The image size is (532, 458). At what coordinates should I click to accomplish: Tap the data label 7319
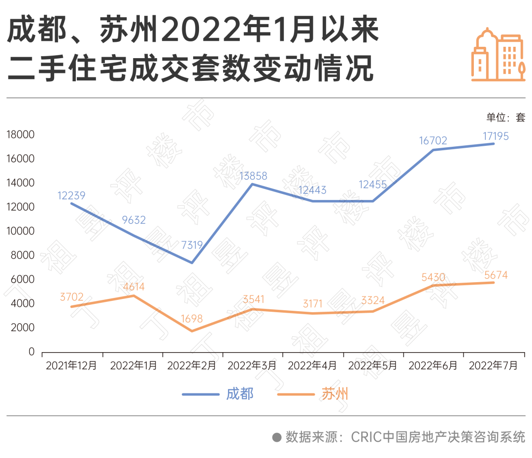pyautogui.click(x=193, y=245)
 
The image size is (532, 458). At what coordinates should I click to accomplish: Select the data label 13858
pyautogui.click(x=253, y=176)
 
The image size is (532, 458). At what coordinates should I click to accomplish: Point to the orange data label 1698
pyautogui.click(x=193, y=319)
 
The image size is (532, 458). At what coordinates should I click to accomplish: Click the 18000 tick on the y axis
pyautogui.click(x=21, y=135)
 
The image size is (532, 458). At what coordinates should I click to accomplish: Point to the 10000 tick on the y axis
pyautogui.click(x=21, y=231)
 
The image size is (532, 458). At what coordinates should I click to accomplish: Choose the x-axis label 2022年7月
pyautogui.click(x=494, y=366)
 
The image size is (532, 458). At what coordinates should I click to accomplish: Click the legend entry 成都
pyautogui.click(x=240, y=394)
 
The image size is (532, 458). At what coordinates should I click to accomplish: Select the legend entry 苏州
pyautogui.click(x=335, y=394)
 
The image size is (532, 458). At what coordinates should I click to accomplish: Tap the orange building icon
pyautogui.click(x=498, y=55)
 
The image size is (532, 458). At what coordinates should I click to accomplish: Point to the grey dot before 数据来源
pyautogui.click(x=277, y=437)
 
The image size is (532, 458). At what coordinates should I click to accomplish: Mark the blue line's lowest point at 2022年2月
pyautogui.click(x=192, y=262)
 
